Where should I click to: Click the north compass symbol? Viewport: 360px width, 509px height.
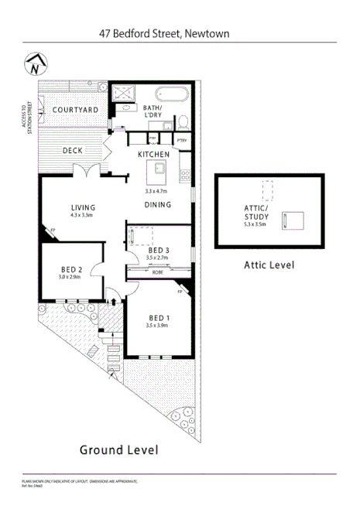click(x=33, y=64)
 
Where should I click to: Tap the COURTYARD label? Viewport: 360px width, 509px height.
click(x=74, y=111)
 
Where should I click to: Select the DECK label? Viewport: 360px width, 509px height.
click(x=73, y=151)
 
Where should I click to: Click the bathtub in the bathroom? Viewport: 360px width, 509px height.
click(x=165, y=97)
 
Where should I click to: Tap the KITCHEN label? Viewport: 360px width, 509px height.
click(x=153, y=155)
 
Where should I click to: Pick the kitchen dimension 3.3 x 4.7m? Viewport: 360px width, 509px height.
click(x=156, y=190)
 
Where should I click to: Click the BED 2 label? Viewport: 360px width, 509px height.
click(x=70, y=268)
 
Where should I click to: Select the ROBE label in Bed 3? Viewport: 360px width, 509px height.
click(x=157, y=273)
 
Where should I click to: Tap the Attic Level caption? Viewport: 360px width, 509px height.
click(x=269, y=265)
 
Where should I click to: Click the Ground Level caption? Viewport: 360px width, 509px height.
click(x=120, y=449)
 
